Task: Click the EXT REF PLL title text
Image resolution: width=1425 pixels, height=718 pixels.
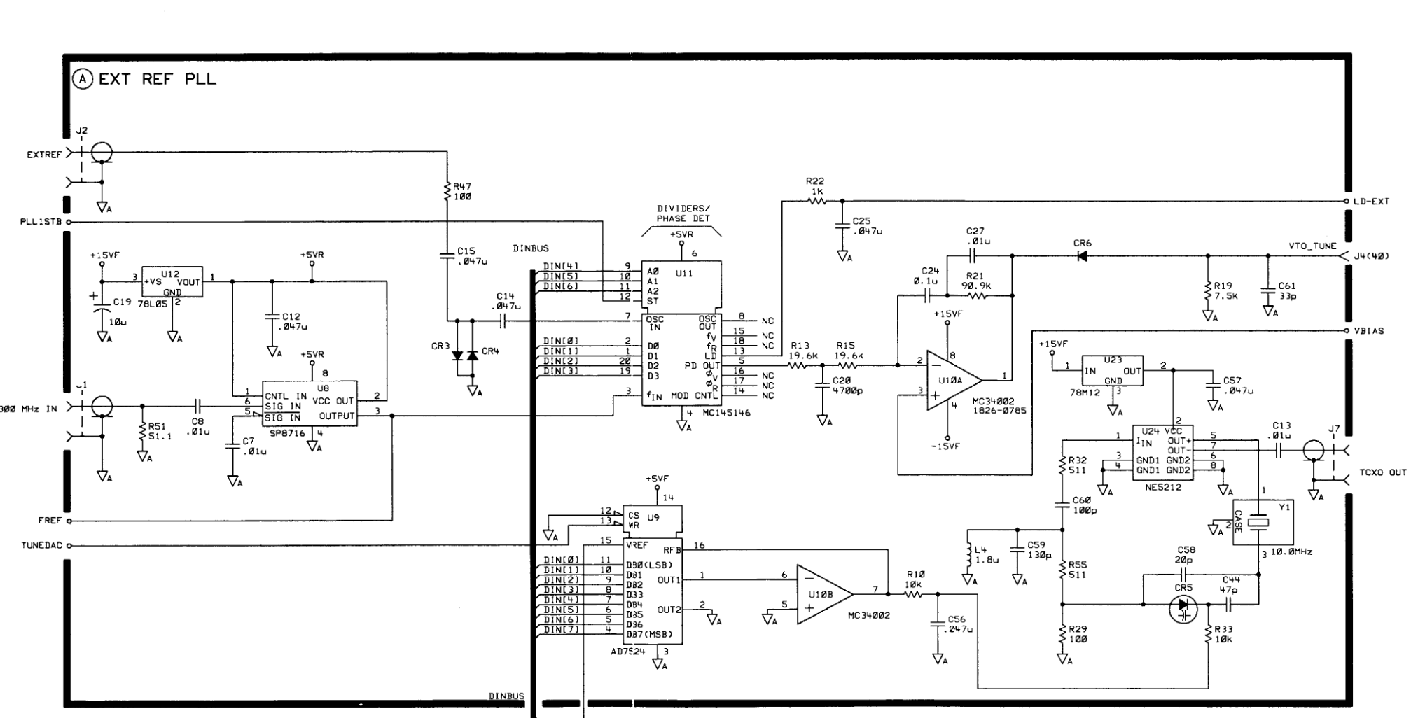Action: click(x=157, y=79)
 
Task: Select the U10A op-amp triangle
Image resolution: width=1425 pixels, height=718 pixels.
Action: click(x=952, y=379)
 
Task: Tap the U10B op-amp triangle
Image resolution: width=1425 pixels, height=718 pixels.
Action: click(x=823, y=593)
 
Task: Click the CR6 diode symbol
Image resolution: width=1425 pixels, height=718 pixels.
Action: click(x=1082, y=256)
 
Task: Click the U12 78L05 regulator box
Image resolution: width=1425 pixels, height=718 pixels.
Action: click(x=172, y=281)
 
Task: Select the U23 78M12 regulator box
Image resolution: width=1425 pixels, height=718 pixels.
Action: click(x=1112, y=370)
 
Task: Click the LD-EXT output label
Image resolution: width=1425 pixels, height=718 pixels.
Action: click(x=1371, y=202)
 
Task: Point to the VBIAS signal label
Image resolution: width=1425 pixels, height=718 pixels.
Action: click(x=1368, y=331)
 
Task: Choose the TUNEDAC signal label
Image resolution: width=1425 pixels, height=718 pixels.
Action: click(x=41, y=546)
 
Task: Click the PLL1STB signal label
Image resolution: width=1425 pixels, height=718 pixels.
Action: click(x=41, y=222)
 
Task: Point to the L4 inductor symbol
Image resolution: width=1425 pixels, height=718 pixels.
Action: click(x=969, y=554)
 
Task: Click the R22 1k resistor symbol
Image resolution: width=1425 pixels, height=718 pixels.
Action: click(x=816, y=202)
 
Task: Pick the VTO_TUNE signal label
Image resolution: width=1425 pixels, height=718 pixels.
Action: click(x=1312, y=246)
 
